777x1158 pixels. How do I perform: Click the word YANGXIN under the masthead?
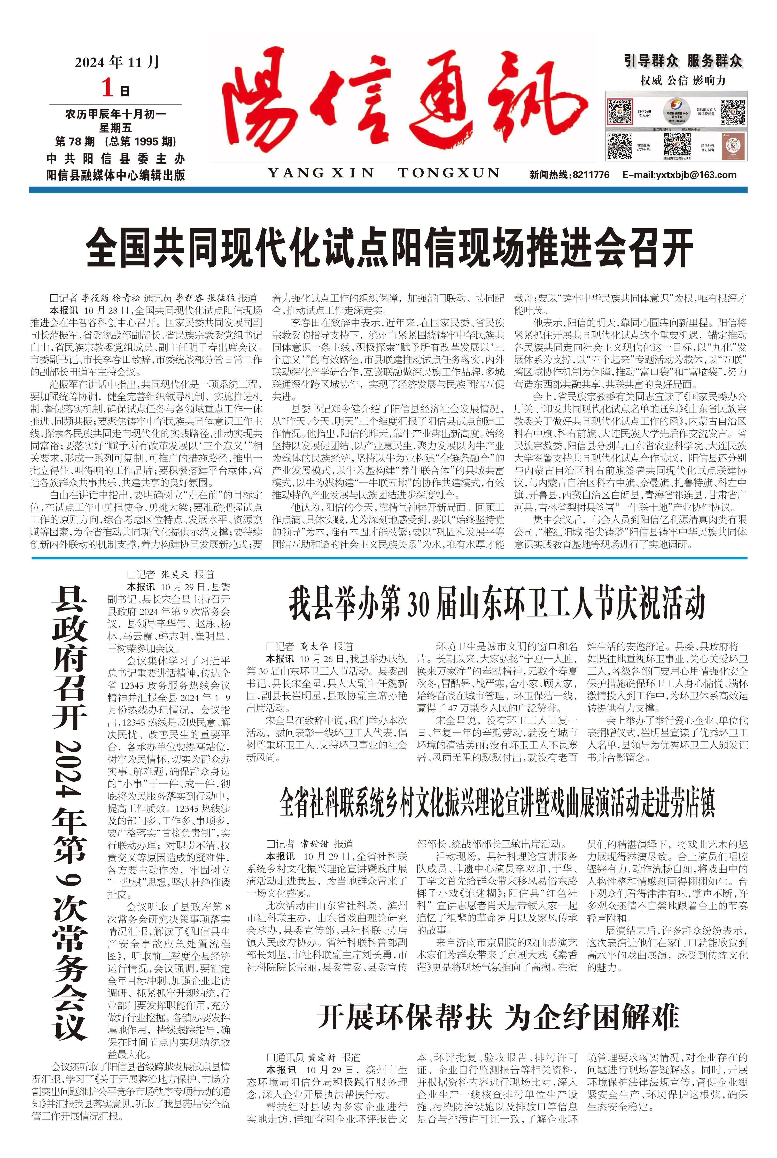321,173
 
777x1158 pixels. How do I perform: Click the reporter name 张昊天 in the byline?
174,575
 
